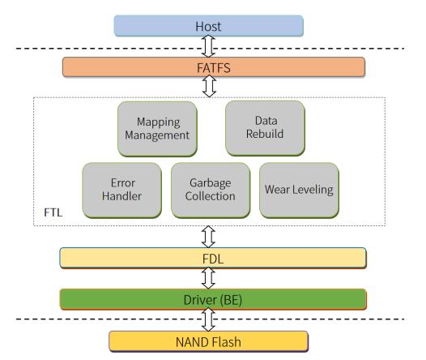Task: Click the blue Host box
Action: click(208, 26)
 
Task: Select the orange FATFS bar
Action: click(214, 67)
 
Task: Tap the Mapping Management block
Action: click(157, 129)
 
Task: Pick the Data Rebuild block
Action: click(265, 128)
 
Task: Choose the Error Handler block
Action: click(121, 190)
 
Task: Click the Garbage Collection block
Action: click(211, 190)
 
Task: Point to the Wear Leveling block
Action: click(299, 190)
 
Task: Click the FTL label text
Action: click(53, 212)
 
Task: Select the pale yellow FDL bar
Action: click(213, 258)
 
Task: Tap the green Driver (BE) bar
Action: click(213, 299)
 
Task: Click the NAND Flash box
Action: click(208, 341)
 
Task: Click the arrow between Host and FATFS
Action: click(208, 46)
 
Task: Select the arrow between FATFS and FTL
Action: click(209, 86)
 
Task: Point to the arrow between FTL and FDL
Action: click(208, 237)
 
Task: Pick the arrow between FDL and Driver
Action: click(208, 278)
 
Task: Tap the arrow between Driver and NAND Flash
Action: click(208, 319)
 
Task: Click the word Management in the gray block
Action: click(157, 135)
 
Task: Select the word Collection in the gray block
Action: click(211, 196)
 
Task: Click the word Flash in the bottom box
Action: click(226, 342)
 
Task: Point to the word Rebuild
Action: click(265, 134)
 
